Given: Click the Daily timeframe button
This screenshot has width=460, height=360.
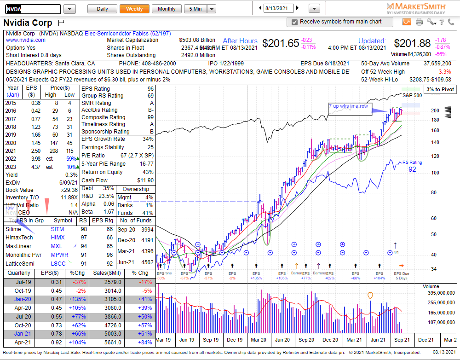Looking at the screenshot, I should [102, 9].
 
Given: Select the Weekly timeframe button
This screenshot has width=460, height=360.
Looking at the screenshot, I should [134, 9].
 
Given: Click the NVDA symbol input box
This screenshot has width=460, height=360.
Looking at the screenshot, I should [32, 9].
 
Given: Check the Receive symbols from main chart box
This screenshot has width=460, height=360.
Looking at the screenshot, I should [294, 22].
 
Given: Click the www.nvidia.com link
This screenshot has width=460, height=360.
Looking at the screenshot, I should [25, 40].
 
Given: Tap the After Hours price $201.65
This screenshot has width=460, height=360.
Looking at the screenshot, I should [281, 43].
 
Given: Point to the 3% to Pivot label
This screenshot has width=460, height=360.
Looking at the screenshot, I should [440, 89].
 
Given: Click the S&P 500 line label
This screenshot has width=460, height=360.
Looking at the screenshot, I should [412, 95].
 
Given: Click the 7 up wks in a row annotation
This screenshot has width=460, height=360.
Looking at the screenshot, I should [348, 106].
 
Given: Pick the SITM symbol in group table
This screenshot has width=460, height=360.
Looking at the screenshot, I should [57, 229].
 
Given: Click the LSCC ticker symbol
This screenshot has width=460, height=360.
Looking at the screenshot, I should [58, 263].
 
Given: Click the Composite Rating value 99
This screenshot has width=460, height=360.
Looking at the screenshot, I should [150, 117].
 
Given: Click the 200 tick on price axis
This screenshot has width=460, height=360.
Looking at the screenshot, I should [435, 110].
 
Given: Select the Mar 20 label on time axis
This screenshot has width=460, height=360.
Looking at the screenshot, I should [259, 340].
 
